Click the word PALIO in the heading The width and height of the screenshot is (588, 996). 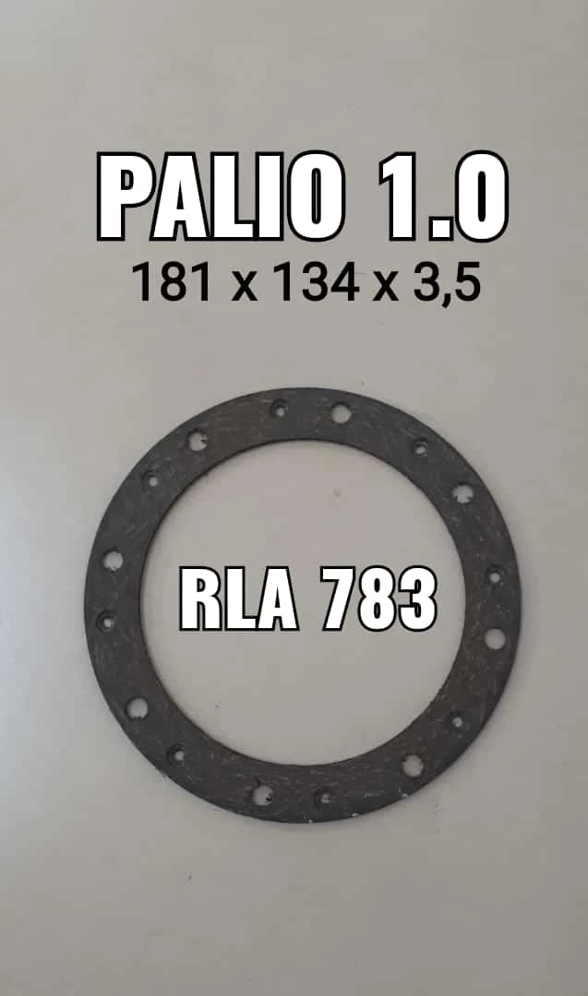(x=220, y=196)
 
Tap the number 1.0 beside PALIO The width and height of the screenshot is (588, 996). (x=444, y=196)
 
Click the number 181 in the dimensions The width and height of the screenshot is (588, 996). (x=172, y=283)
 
